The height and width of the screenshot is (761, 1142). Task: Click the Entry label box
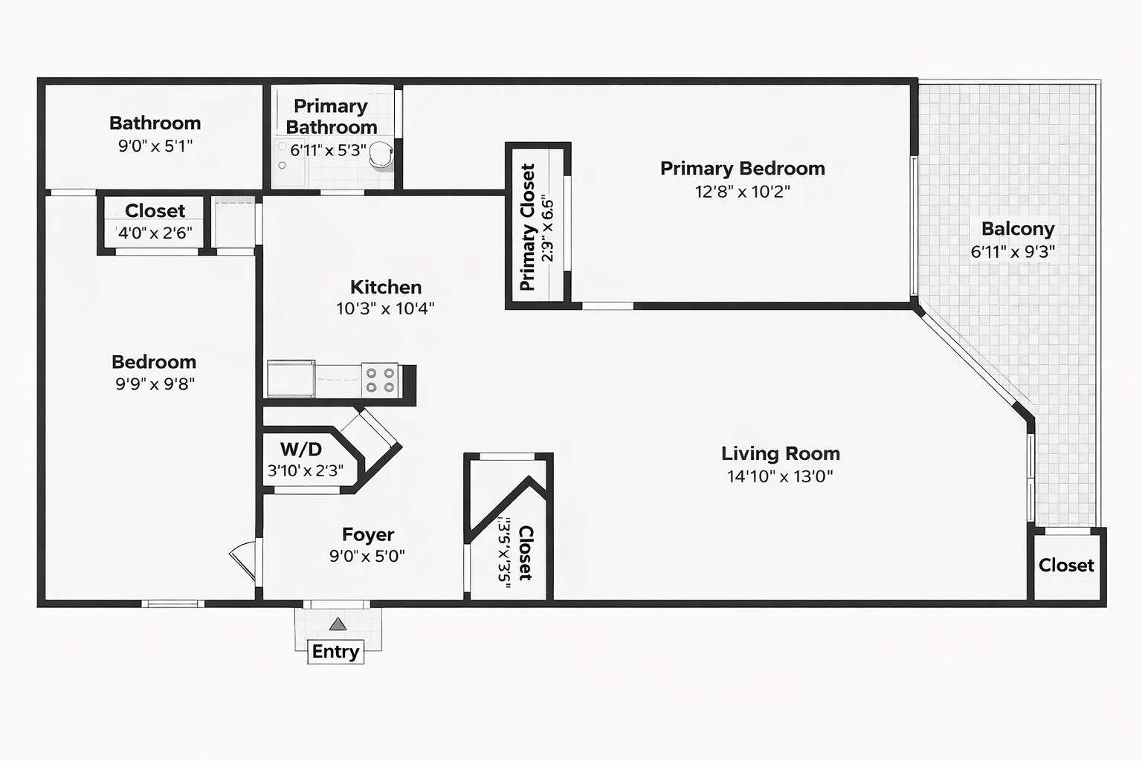coord(335,652)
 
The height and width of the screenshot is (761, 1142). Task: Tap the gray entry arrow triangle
coord(338,624)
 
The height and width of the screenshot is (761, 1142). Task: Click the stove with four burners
coord(380,380)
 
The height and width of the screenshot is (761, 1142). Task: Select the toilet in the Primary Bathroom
coord(381,154)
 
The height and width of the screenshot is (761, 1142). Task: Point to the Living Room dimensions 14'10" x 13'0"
coord(780,476)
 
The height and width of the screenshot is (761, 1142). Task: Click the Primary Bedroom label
coord(742,168)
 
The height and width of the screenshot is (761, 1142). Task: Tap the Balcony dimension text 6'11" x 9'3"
coord(1013,251)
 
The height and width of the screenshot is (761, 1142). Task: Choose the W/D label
coord(301,449)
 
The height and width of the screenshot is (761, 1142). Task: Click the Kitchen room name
coord(386,287)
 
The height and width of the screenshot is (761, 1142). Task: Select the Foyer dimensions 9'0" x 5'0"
coord(367,556)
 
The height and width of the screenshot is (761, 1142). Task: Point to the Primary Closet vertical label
coord(527,227)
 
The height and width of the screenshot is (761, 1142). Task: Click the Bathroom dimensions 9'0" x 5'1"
coord(155,146)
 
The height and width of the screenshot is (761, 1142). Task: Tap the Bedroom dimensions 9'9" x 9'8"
coord(155,383)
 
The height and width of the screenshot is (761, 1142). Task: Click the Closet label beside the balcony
coord(1067,565)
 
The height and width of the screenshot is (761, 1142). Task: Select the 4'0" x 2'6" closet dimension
coord(155,233)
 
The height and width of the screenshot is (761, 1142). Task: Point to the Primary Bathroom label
coord(332,117)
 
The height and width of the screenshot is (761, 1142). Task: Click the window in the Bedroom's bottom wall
coord(172,603)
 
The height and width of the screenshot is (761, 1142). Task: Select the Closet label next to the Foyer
coord(526,553)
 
